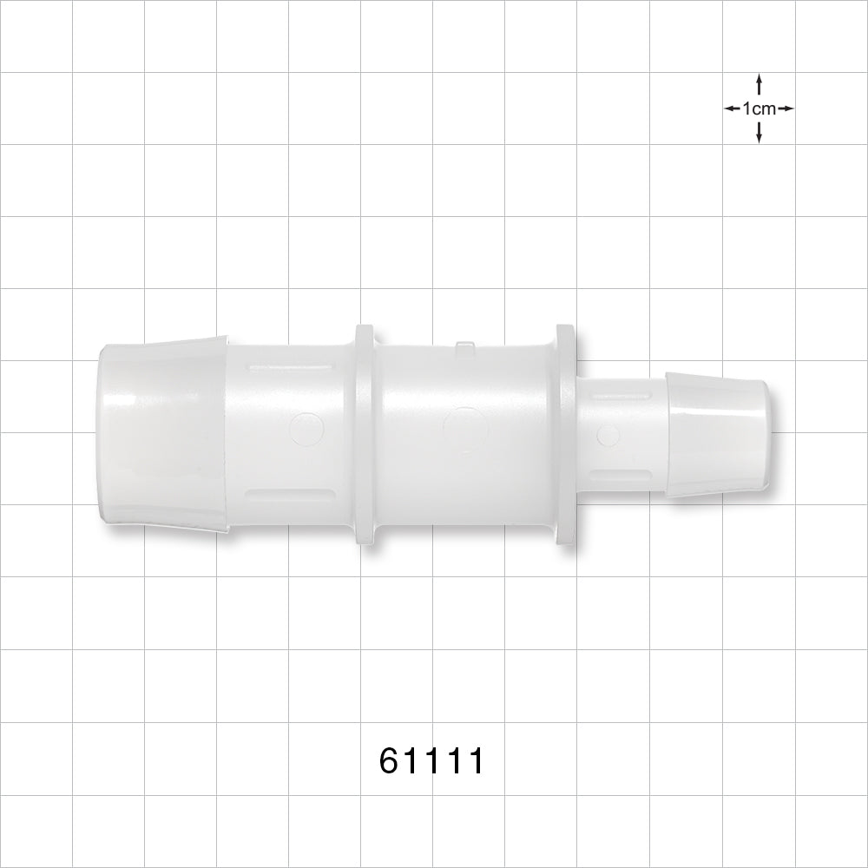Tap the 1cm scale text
(x=759, y=108)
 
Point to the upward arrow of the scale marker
(x=759, y=84)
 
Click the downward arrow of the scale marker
(x=759, y=132)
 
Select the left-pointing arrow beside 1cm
(x=733, y=108)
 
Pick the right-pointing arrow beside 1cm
(x=786, y=108)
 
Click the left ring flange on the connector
(x=365, y=435)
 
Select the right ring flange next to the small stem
(x=566, y=435)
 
